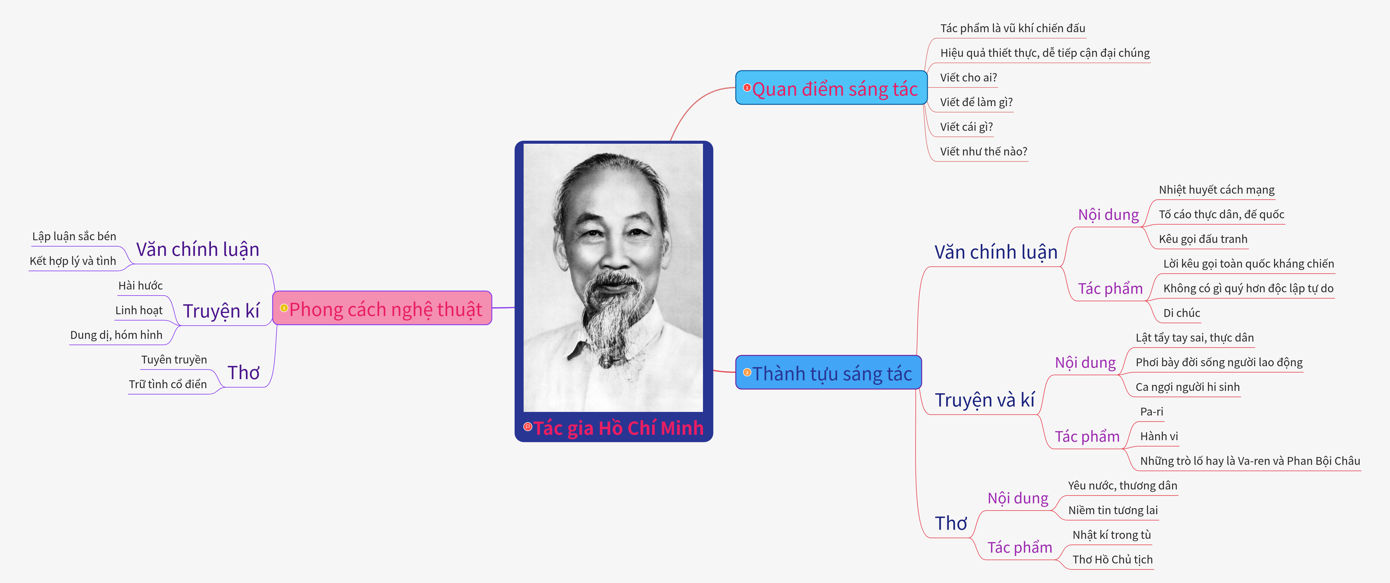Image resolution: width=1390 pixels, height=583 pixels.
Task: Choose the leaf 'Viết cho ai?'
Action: click(968, 78)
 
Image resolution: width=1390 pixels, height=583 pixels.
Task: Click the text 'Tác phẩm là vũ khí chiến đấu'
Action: click(1012, 28)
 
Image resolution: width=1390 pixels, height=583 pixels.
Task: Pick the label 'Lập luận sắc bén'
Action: click(74, 236)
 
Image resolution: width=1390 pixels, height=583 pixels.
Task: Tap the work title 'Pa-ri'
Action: click(1151, 412)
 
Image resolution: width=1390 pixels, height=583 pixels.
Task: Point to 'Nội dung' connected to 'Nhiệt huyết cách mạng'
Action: click(1108, 215)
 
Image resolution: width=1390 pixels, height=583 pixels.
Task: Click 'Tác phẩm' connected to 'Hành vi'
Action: click(1087, 436)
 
